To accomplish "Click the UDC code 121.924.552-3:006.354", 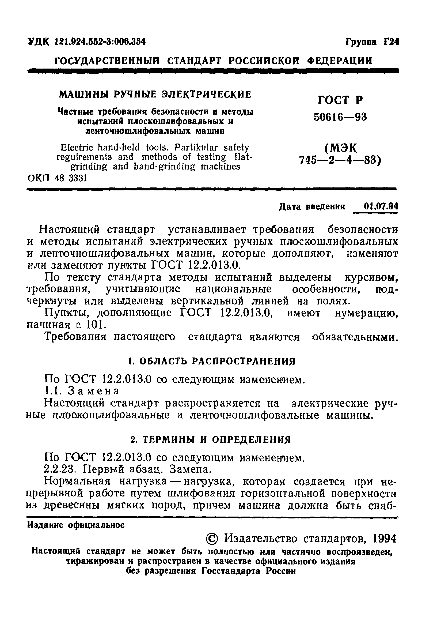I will [100, 42].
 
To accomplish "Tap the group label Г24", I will [392, 42].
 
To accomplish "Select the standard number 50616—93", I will [340, 117].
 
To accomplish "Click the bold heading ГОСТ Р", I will [340, 100].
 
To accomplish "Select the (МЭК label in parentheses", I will [341, 149].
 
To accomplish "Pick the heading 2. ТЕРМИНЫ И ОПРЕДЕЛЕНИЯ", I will [210, 440].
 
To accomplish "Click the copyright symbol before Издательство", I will [212, 539].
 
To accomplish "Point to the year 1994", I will [385, 539].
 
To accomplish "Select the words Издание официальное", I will [76, 525].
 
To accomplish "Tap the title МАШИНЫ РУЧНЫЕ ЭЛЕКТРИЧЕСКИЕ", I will [155, 95].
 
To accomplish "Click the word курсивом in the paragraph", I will [370, 277].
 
